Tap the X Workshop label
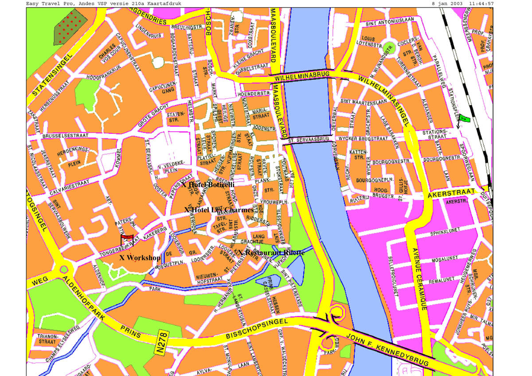(x=140, y=258)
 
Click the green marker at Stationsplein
(x=464, y=118)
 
